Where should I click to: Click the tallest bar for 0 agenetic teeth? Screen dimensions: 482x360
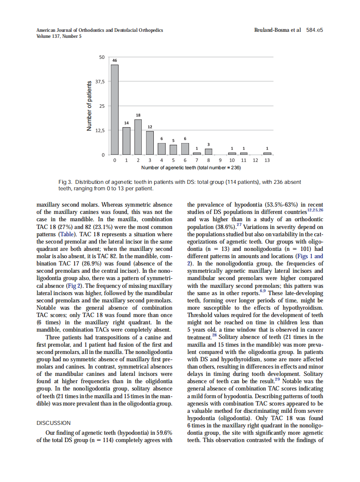tap(115, 110)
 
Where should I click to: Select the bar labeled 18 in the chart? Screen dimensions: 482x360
tap(138, 137)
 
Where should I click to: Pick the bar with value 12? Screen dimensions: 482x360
tap(150, 143)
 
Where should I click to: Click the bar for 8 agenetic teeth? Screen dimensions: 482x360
tap(208, 152)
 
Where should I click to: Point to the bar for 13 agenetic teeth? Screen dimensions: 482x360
tap(267, 153)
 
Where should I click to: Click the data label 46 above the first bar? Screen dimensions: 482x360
tap(115, 61)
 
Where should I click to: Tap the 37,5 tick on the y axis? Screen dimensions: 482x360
tap(100, 82)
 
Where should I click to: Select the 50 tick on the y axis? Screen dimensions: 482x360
tap(102, 57)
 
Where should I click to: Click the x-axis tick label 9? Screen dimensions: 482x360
tap(220, 160)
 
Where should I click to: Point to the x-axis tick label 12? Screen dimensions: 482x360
tap(256, 160)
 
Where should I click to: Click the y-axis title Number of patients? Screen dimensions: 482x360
tap(89, 106)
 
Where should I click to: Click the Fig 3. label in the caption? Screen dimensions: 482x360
tap(65, 182)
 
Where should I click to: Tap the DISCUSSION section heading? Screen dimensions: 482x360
tap(54, 423)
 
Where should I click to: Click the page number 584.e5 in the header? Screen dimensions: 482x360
tap(314, 30)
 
